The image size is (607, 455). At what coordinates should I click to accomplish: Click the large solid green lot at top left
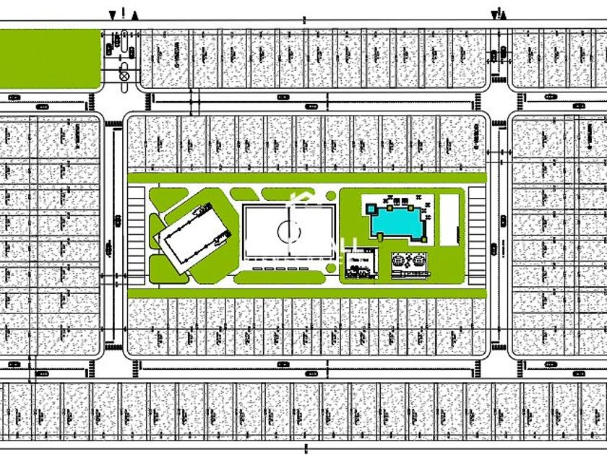click(49, 59)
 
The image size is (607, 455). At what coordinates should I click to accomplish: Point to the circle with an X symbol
click(124, 74)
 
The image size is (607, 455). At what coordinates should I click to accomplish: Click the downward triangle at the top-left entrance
click(112, 14)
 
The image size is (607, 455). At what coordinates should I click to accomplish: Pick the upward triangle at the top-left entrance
click(136, 14)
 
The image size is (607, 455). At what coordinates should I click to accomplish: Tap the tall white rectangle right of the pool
click(449, 217)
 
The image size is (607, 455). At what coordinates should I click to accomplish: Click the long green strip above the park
click(307, 178)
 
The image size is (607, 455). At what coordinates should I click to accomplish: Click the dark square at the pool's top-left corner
click(371, 208)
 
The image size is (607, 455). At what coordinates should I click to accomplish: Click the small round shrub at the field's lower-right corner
click(331, 269)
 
